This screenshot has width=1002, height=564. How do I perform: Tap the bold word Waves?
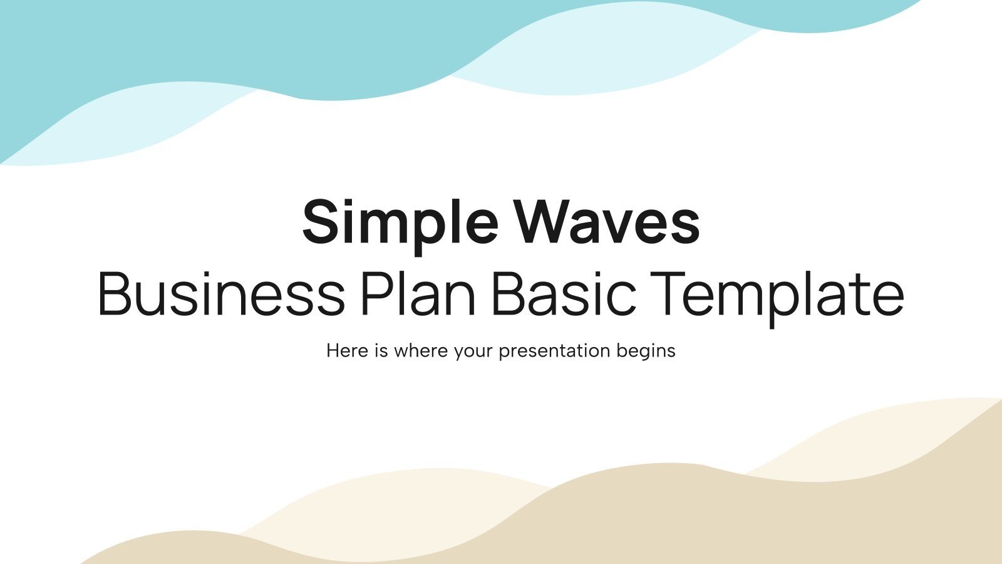[606, 223]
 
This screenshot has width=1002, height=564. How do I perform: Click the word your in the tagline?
[473, 351]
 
